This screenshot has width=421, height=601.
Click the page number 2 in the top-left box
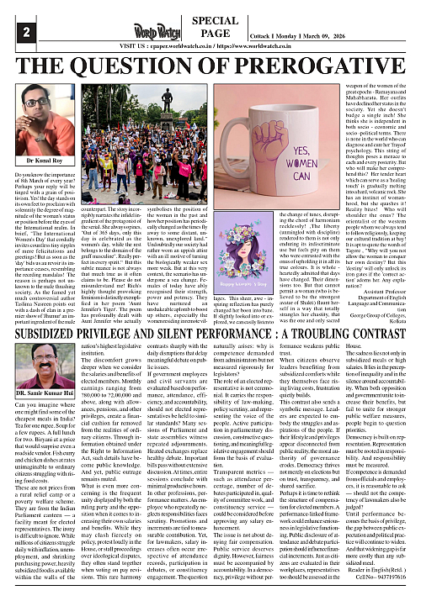click(x=13, y=33)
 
